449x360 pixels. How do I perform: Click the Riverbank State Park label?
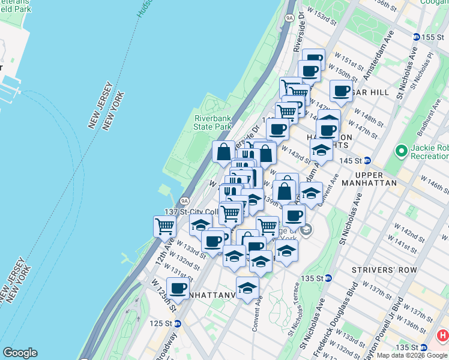(x=212, y=122)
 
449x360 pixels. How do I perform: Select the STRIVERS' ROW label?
(x=392, y=270)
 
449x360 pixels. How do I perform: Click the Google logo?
(x=20, y=353)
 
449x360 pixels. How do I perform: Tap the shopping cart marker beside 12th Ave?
(x=164, y=226)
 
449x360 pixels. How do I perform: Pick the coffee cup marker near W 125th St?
(x=178, y=287)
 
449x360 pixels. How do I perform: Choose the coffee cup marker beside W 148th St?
(x=341, y=92)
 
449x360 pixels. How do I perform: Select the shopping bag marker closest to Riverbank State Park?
(x=223, y=152)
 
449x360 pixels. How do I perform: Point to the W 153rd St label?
(x=321, y=16)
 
